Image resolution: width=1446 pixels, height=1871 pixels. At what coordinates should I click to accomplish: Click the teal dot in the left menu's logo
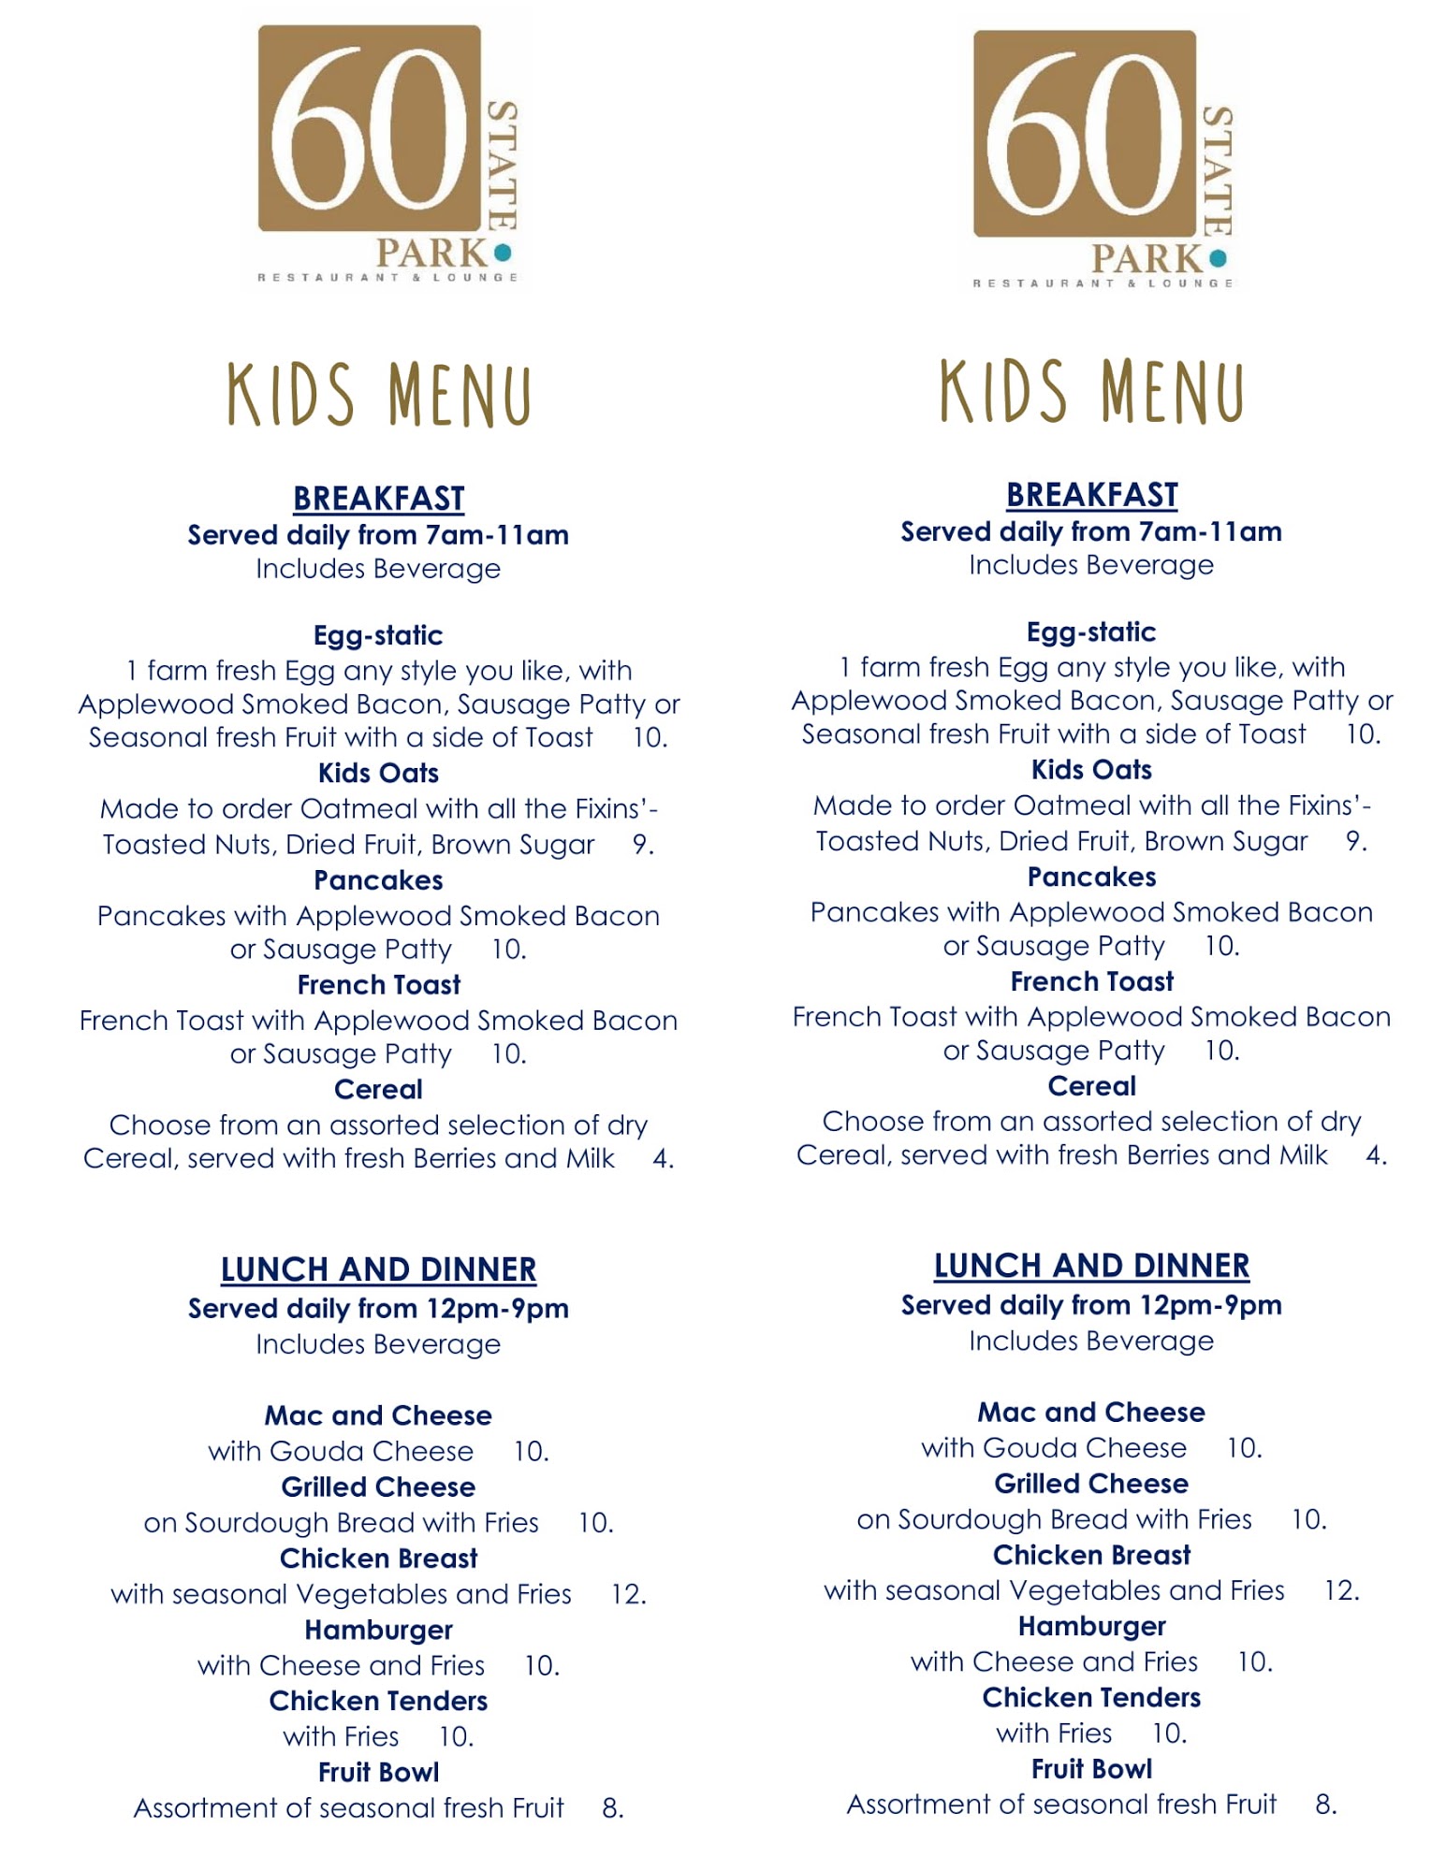point(503,253)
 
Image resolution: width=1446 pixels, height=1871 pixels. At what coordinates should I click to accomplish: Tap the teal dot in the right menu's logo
point(1218,258)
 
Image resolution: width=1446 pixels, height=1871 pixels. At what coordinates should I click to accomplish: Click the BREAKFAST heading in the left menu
point(378,499)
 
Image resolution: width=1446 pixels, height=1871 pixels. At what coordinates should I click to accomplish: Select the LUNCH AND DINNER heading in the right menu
point(1091,1266)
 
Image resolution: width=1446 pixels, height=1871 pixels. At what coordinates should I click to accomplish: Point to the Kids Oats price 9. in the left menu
point(643,844)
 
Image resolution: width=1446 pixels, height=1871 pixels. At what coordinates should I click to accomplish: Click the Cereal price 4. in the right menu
point(1376,1155)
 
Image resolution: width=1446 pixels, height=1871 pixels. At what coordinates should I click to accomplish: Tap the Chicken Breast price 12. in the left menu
point(628,1594)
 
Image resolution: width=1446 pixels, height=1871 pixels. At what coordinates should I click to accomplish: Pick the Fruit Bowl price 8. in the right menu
point(1325,1804)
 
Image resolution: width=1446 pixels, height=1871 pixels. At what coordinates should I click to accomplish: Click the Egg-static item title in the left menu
point(378,635)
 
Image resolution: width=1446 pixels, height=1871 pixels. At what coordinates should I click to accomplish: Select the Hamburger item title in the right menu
point(1091,1627)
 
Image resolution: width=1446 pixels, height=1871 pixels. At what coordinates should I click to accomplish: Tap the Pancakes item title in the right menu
point(1091,877)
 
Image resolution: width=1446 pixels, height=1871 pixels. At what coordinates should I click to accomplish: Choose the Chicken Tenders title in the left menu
point(378,1701)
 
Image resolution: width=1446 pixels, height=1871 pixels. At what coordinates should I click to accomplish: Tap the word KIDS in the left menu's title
point(291,396)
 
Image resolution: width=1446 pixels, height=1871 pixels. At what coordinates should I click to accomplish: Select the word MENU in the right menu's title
point(1173,392)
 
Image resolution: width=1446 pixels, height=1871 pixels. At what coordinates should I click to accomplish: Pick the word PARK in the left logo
point(431,254)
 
